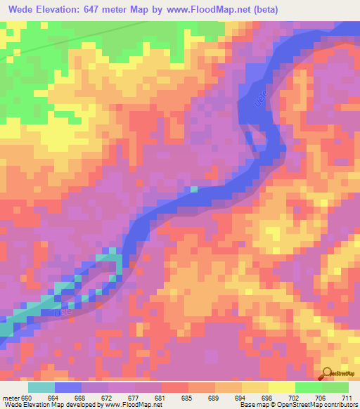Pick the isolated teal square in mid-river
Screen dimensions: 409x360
(194, 189)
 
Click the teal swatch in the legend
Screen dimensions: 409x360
(41, 387)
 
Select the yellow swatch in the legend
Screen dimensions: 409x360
(282, 387)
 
